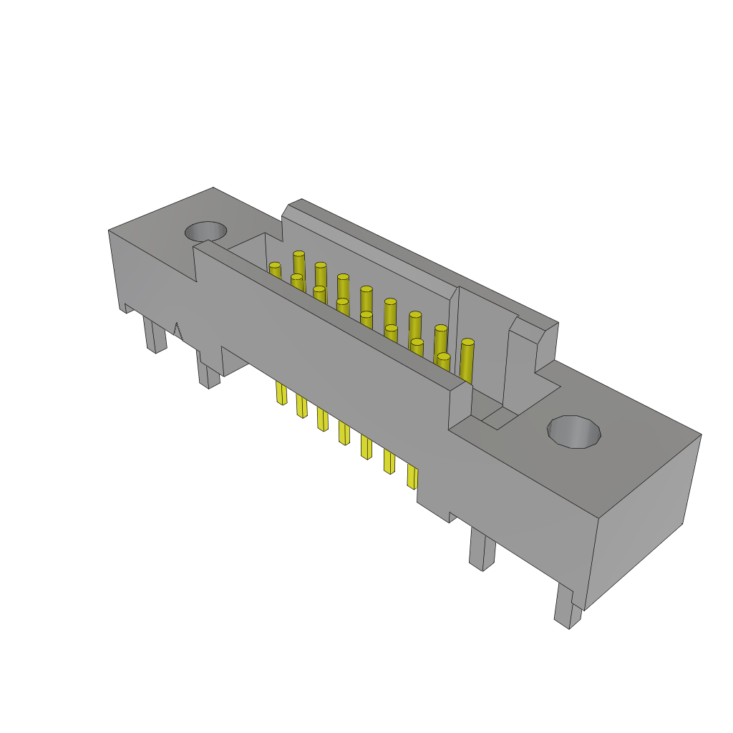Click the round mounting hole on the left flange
[206, 231]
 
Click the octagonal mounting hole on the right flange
[574, 432]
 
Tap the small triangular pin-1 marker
[178, 331]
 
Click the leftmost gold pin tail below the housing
[281, 393]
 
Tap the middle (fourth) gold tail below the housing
[344, 433]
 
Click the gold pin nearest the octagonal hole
[467, 361]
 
